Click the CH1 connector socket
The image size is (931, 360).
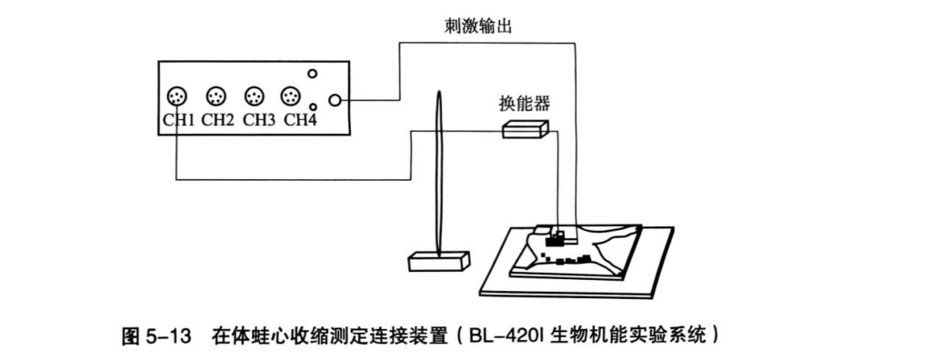tap(177, 95)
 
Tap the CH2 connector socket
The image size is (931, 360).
tap(216, 95)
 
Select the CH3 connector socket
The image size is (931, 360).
tap(255, 95)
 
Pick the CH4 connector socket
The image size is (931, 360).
tap(291, 95)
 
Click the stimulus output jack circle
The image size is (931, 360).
tap(335, 100)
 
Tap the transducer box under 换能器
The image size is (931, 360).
tap(526, 129)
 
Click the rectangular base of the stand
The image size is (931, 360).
tap(439, 262)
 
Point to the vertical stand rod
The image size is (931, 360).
tap(439, 174)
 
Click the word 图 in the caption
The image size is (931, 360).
tap(131, 337)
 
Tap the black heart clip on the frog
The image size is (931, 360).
tap(556, 241)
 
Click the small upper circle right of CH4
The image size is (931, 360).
tap(313, 74)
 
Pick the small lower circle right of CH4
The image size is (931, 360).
tap(313, 107)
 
